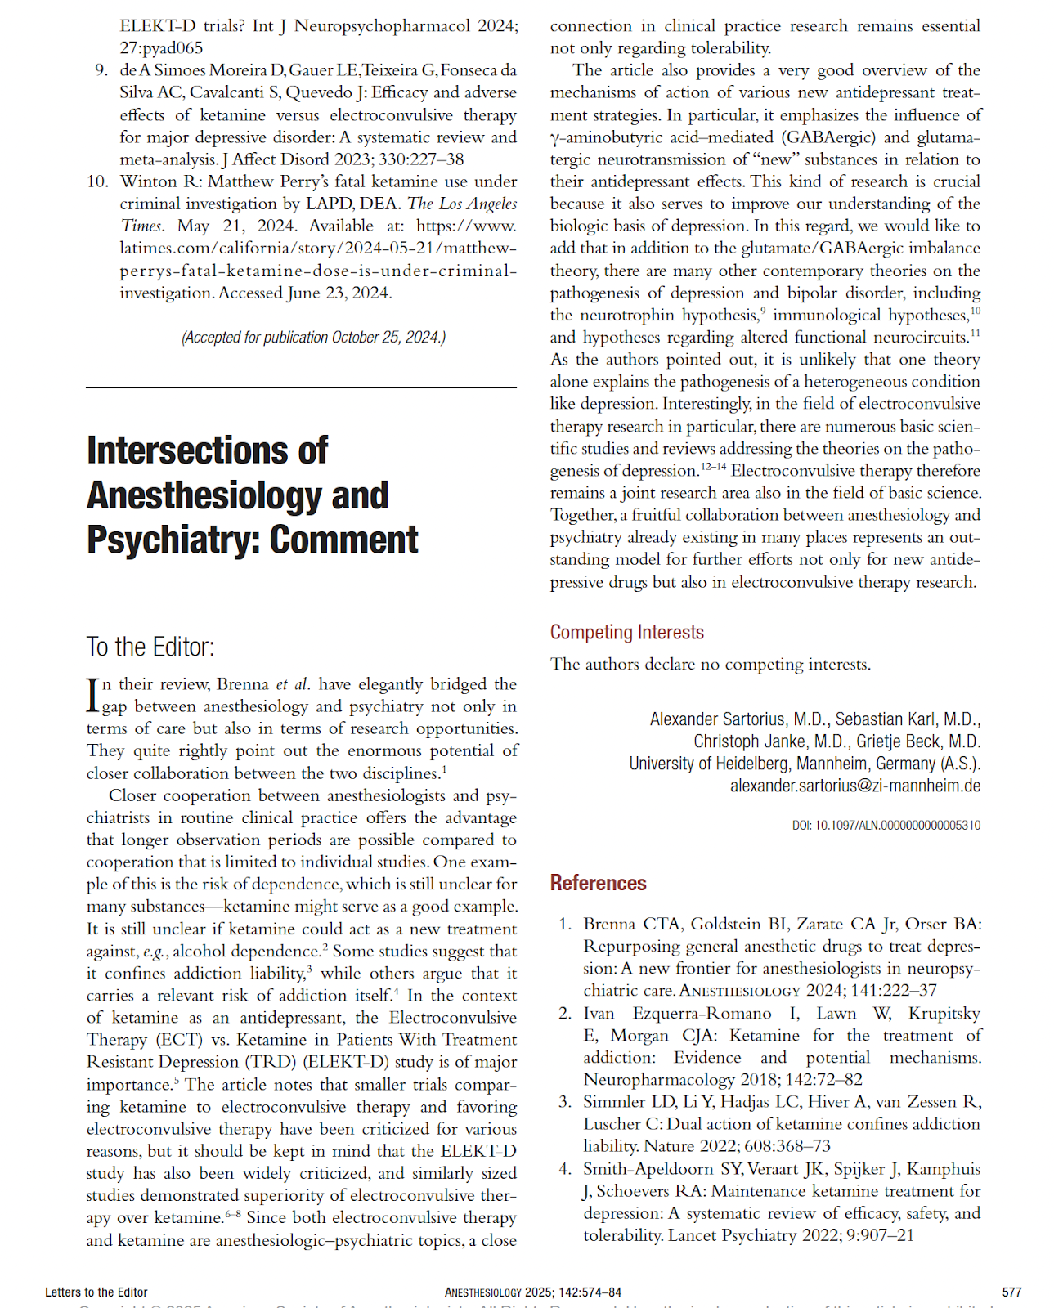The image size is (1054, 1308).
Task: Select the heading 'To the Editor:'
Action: click(x=150, y=647)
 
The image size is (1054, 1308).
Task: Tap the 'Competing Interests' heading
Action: click(x=626, y=633)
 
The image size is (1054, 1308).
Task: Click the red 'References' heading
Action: click(x=598, y=884)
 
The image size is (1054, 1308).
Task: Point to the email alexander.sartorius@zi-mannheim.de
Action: click(x=854, y=786)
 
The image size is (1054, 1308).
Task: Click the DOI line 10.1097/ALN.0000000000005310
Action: click(x=886, y=826)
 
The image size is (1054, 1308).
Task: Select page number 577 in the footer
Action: click(x=1011, y=1292)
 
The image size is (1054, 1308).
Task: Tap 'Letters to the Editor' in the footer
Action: click(x=96, y=1292)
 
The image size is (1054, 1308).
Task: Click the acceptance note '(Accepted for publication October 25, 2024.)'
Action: click(x=313, y=338)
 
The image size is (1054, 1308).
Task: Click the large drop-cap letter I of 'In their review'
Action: click(x=92, y=695)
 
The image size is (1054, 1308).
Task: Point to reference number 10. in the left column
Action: click(x=98, y=181)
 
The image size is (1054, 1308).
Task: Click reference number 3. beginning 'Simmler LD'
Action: click(x=565, y=1102)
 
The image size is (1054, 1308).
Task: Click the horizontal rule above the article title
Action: click(x=301, y=387)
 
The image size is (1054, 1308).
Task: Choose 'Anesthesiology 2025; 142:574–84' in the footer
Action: click(x=532, y=1292)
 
